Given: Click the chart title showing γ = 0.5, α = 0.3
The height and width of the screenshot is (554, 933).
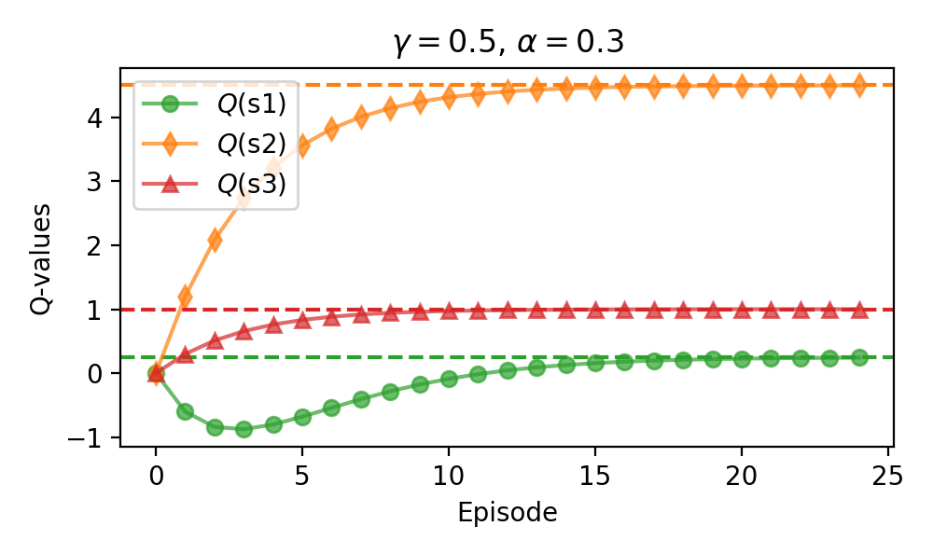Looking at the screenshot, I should click(506, 43).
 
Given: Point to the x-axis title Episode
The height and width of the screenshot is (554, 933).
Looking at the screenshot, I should click(507, 512).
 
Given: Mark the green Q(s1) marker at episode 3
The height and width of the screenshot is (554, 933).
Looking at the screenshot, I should click(244, 429).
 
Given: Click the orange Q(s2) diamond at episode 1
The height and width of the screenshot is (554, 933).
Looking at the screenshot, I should click(186, 297).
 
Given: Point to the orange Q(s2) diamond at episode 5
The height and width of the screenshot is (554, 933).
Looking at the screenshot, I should click(302, 145).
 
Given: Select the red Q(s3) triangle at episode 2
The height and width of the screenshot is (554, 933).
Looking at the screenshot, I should click(215, 340).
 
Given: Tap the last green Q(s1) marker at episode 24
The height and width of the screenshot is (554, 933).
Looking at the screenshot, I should click(858, 357).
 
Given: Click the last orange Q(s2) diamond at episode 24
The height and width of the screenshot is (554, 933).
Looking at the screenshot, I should click(858, 85).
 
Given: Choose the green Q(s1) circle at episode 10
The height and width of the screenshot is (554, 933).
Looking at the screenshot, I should click(449, 379).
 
